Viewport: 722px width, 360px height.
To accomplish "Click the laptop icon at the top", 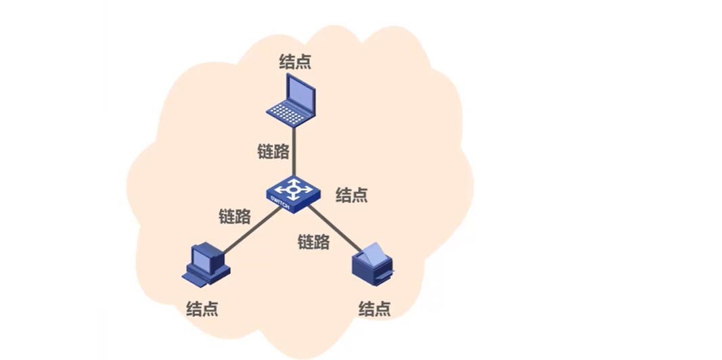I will coord(291,99).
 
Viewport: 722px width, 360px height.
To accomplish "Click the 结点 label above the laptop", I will coord(296,61).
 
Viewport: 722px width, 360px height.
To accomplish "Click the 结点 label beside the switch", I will coord(352,196).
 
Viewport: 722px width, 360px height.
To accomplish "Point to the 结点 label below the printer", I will coord(374,309).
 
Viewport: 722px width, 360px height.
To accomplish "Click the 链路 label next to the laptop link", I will coord(273,152).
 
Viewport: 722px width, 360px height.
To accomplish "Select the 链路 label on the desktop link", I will coord(235,217).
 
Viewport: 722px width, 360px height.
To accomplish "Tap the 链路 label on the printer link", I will coord(314,241).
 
